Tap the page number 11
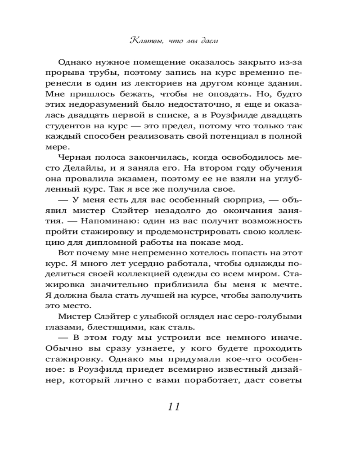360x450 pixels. point(174,406)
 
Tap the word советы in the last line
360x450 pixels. point(285,380)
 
